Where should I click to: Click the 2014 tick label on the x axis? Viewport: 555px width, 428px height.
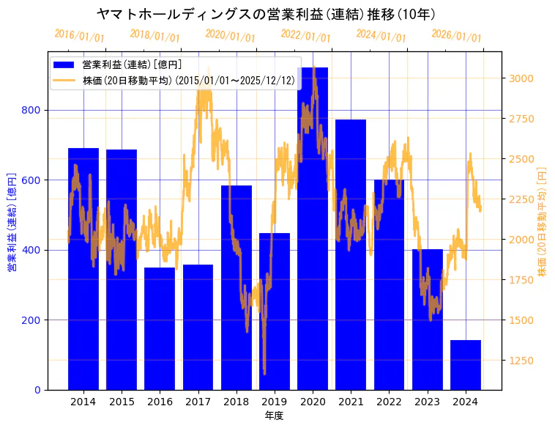click(83, 402)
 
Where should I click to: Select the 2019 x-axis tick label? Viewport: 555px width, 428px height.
click(275, 402)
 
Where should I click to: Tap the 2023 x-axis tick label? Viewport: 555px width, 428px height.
click(428, 402)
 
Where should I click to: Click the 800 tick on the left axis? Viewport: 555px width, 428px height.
click(31, 111)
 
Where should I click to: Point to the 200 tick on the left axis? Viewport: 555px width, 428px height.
click(31, 320)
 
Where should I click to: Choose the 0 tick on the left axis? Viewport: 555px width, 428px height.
click(37, 390)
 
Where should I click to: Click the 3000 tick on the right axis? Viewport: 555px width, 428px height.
click(521, 78)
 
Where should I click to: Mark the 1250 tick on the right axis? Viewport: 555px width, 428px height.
click(521, 361)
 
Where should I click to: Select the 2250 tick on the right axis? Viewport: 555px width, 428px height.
click(521, 199)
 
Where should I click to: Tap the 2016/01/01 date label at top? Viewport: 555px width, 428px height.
click(79, 36)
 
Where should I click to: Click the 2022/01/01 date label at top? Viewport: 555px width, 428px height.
click(305, 36)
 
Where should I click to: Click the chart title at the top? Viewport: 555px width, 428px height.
click(267, 14)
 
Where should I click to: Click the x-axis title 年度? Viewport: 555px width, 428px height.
click(274, 416)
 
